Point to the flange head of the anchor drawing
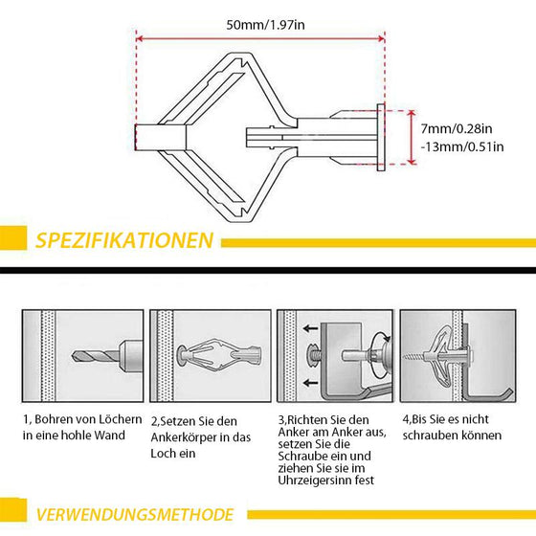[381, 141]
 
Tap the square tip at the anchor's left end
[147, 140]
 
